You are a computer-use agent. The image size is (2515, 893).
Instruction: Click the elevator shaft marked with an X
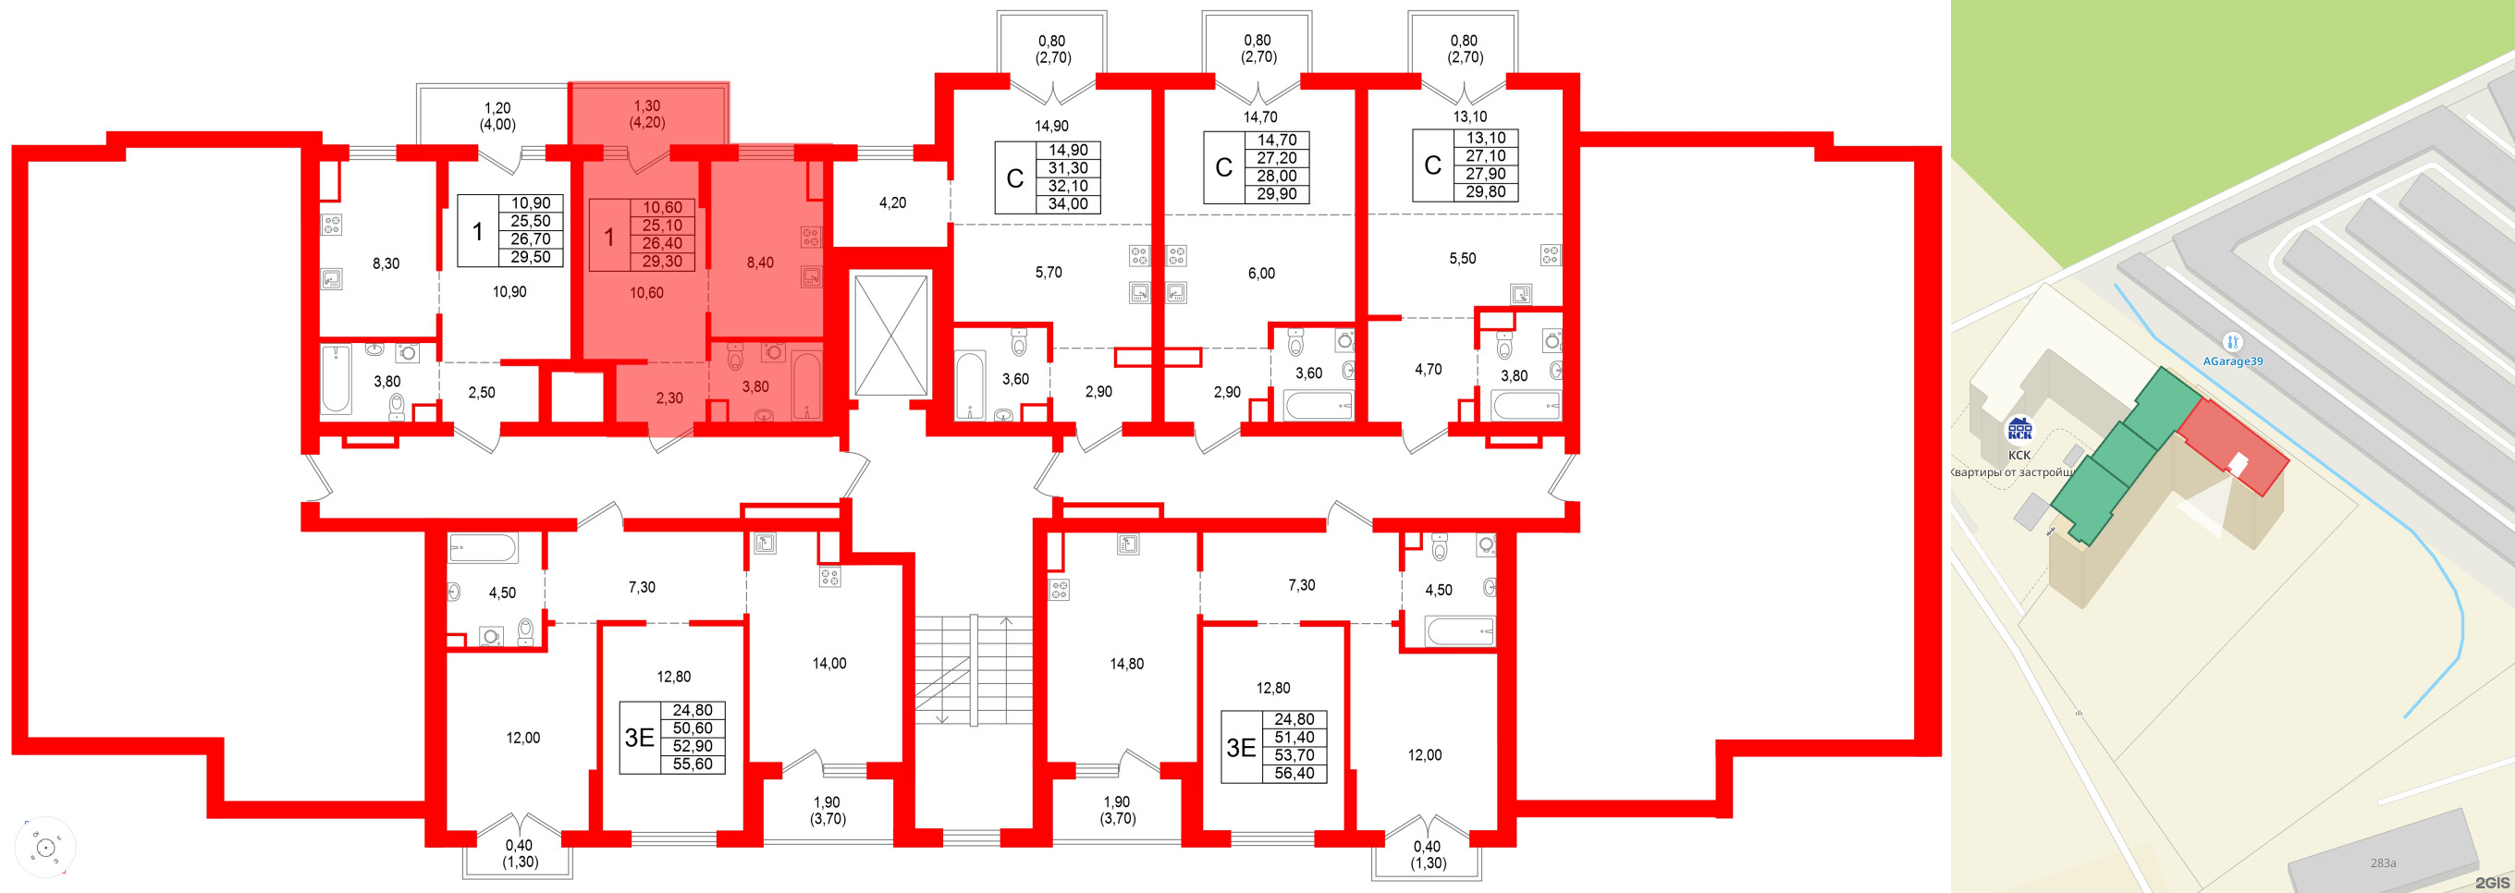tap(889, 335)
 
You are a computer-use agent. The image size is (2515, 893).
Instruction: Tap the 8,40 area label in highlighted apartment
tap(759, 263)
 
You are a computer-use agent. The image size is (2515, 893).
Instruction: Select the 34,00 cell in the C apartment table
tap(1067, 204)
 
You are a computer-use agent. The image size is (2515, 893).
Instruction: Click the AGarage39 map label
tap(2232, 361)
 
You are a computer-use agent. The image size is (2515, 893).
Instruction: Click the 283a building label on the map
tap(2382, 862)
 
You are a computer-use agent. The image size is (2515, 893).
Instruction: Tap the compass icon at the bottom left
tap(45, 847)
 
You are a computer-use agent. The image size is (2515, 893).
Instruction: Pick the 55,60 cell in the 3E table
tap(692, 765)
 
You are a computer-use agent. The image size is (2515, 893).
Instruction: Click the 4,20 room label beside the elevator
tap(891, 203)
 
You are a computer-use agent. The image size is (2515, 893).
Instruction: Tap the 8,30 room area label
tap(386, 263)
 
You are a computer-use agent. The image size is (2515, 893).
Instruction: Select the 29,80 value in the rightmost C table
tap(1485, 192)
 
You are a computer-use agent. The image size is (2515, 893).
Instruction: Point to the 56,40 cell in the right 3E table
tap(1294, 773)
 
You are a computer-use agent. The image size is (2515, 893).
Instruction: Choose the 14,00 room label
tap(828, 664)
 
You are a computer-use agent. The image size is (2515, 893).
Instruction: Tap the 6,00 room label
tap(1260, 274)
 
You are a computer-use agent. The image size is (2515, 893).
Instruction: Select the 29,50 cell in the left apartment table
tap(530, 258)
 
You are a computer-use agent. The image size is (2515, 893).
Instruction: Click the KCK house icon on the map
tap(2018, 430)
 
